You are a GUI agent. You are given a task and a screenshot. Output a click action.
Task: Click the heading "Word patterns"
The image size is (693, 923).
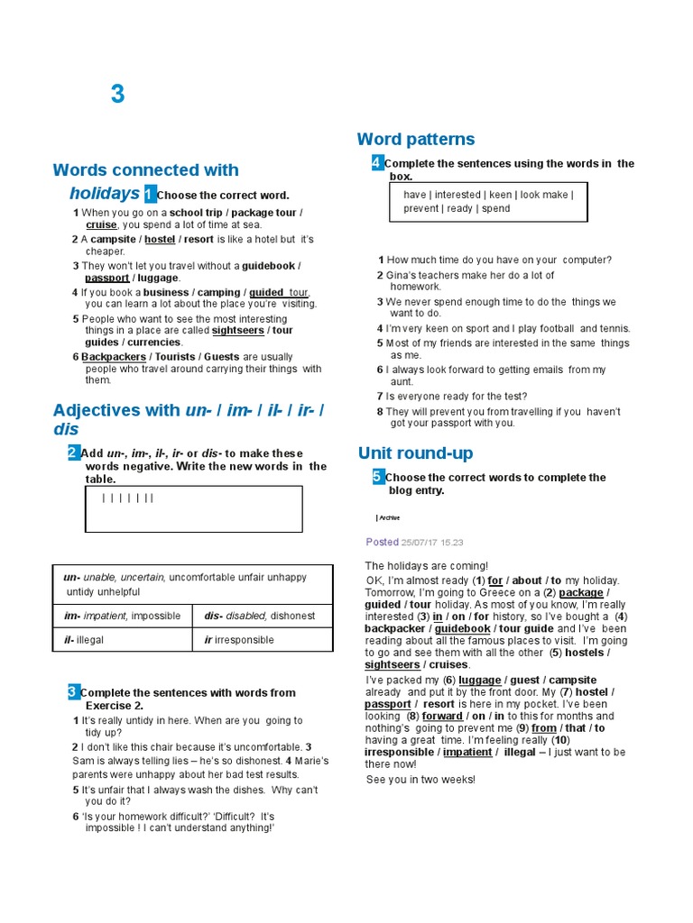[415, 139]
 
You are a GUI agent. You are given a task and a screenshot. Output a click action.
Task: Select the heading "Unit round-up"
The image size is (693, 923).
[415, 452]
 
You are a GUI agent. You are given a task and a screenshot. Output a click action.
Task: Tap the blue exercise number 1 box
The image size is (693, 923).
[150, 194]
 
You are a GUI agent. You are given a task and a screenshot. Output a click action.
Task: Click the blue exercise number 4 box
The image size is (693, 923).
[377, 163]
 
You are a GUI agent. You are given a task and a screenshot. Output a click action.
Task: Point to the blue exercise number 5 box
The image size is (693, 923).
[378, 477]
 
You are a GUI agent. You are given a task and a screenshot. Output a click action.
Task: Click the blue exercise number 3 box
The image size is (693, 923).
[73, 691]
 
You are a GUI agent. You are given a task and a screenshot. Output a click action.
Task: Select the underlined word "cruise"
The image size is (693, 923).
[101, 224]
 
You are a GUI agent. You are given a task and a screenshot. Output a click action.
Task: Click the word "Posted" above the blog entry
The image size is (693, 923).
[382, 542]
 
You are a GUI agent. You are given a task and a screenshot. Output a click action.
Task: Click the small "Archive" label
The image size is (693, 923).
[389, 518]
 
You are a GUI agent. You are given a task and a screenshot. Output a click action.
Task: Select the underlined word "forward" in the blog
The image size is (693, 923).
[442, 716]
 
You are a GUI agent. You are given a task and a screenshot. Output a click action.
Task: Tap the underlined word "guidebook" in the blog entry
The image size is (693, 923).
[463, 628]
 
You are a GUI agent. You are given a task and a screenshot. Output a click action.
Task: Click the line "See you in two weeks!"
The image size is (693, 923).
[420, 779]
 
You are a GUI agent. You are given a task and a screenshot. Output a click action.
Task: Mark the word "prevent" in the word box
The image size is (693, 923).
[420, 208]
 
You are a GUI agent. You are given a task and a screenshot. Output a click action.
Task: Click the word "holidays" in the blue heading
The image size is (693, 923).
[104, 193]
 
